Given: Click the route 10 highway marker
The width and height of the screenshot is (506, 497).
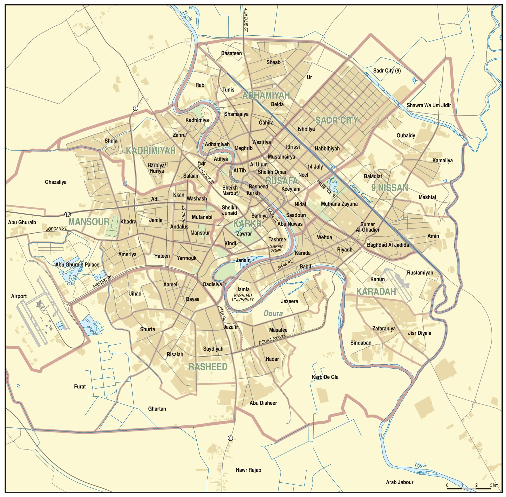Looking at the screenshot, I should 67,214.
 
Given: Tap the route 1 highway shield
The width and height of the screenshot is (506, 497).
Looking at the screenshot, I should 135,108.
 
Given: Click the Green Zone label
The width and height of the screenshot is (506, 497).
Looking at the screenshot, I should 276,248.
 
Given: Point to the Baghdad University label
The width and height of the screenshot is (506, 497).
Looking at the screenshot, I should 243,298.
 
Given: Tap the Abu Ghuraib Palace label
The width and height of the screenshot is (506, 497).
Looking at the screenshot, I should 77,265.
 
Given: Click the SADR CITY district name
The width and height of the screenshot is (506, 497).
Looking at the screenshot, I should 336,120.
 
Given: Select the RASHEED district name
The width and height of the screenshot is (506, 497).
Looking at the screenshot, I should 208,367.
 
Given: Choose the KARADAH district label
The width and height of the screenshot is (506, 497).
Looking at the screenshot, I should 376,291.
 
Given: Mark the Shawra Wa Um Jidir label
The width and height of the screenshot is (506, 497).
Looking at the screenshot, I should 429,105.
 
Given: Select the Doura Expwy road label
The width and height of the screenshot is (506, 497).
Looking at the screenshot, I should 272,339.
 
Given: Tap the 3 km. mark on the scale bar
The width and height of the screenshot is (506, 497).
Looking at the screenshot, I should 494,485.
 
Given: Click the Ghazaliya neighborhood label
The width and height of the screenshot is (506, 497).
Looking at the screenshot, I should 56,182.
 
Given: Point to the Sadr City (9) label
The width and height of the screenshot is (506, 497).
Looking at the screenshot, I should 387,71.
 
